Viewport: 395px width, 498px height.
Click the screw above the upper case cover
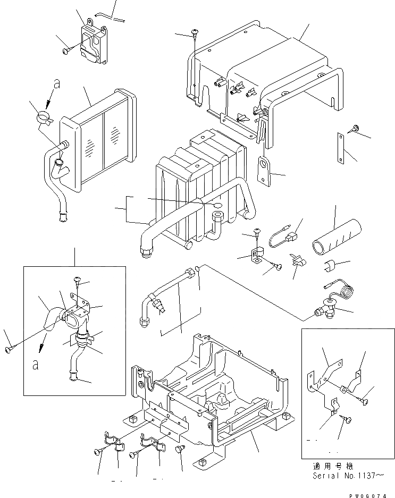point(195,35)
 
